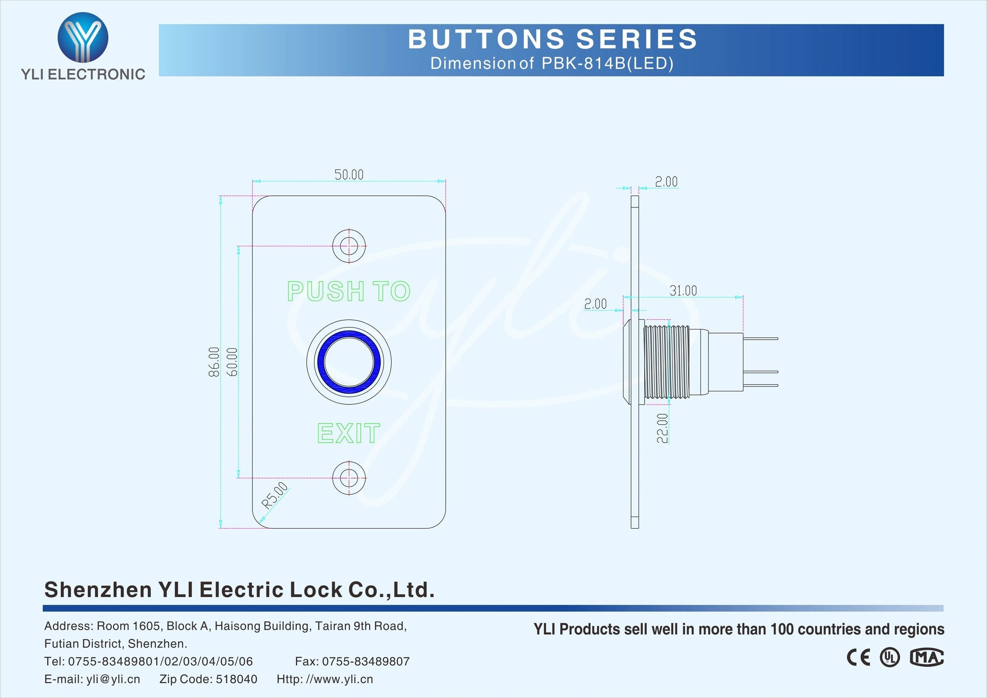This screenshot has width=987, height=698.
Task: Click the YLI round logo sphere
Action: [x=83, y=37]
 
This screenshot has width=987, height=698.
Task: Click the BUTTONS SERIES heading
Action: [x=552, y=39]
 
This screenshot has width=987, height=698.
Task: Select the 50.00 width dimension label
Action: [x=349, y=175]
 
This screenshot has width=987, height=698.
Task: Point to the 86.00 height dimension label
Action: [x=214, y=362]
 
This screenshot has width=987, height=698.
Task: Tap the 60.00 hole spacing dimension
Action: [x=232, y=362]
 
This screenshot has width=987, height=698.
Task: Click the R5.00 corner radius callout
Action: [x=274, y=496]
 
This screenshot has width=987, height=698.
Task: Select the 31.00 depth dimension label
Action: [x=683, y=291]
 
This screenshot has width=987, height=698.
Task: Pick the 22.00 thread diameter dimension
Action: [x=662, y=428]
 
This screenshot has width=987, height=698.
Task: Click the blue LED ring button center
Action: [x=349, y=362]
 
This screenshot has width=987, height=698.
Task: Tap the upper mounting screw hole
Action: [x=349, y=246]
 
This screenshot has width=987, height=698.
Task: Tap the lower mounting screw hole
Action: [x=349, y=477]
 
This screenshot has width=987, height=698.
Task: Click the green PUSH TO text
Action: [x=348, y=291]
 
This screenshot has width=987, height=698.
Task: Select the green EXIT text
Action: [x=348, y=433]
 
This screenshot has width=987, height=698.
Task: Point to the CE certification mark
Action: [x=858, y=657]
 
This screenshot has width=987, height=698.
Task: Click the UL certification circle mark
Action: [x=890, y=657]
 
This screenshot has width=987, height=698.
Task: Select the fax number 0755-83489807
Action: [x=365, y=662]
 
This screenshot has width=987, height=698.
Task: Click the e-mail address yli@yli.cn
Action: [x=113, y=679]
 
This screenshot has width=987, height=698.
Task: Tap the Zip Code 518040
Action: [x=236, y=679]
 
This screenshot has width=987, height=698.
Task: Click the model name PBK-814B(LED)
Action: [x=607, y=63]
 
